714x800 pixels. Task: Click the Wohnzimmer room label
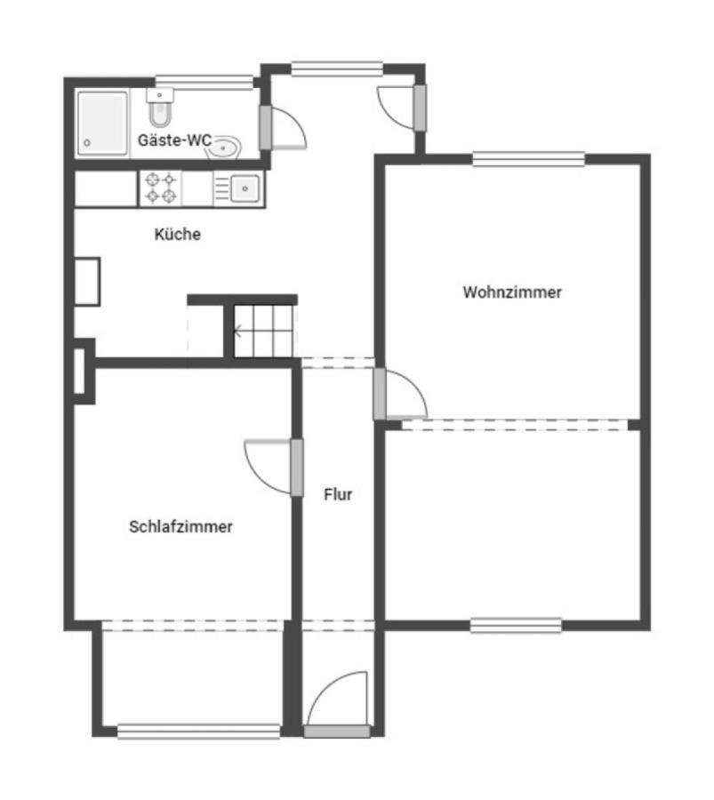tap(511, 292)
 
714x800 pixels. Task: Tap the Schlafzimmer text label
tap(181, 526)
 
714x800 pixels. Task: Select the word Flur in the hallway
tap(338, 495)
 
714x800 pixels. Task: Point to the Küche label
tap(178, 235)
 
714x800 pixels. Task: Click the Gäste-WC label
tap(175, 140)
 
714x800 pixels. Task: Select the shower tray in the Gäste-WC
tap(103, 124)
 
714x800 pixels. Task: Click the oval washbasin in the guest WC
tap(226, 148)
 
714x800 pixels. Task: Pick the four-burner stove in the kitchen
tap(161, 188)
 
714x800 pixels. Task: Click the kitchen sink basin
tap(245, 188)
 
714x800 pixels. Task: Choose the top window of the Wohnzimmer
tap(528, 160)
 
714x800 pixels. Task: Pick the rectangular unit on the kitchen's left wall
tap(87, 282)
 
